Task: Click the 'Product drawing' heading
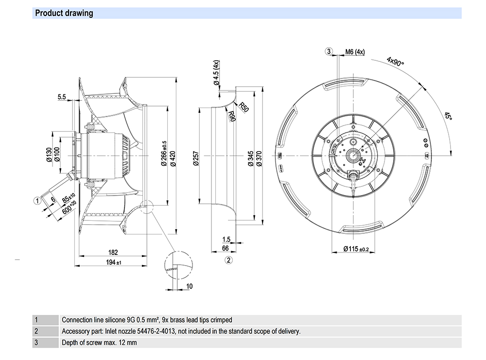pos(64,13)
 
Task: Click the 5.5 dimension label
pos(62,97)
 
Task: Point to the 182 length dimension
pos(113,253)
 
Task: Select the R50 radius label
pos(243,108)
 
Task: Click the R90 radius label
pos(232,117)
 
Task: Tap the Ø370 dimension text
pos(259,157)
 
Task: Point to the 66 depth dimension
pos(226,249)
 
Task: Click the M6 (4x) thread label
pos(355,52)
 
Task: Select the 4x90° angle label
pos(396,62)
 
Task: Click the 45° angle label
pos(449,116)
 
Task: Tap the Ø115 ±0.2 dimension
pos(356,249)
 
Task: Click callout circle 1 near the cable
pos(37,199)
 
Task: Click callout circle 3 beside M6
pos(329,52)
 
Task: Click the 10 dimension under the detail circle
pos(190,286)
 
